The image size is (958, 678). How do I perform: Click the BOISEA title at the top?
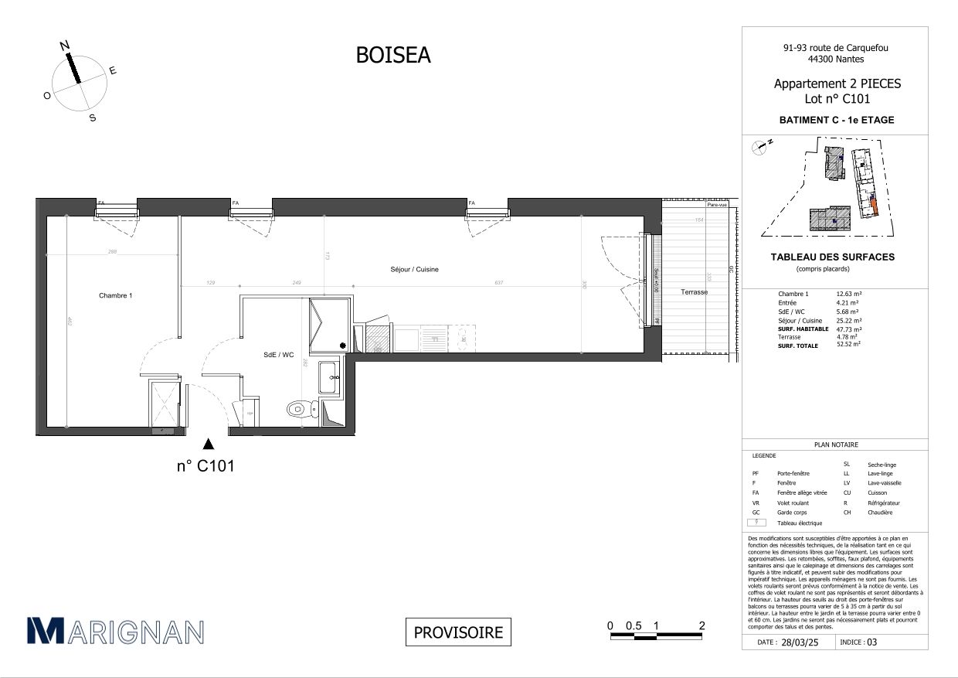(392, 55)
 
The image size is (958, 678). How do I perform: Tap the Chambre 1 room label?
(116, 296)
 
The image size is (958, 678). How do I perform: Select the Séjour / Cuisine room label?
(414, 269)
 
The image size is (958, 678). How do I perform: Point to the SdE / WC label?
(278, 355)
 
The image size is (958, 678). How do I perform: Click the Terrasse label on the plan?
(694, 292)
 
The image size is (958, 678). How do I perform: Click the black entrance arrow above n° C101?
(207, 444)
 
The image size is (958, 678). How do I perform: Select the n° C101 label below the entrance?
(206, 466)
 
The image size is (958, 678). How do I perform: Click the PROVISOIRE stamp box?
(458, 632)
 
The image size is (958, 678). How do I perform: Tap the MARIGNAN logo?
(115, 631)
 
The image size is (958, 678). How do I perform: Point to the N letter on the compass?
(65, 46)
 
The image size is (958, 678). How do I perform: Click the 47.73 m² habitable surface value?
(850, 329)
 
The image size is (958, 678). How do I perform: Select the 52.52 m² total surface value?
(850, 346)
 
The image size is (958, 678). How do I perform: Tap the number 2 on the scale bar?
(702, 625)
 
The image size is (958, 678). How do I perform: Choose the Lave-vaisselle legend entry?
(884, 483)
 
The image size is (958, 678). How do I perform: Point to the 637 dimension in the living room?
(499, 283)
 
